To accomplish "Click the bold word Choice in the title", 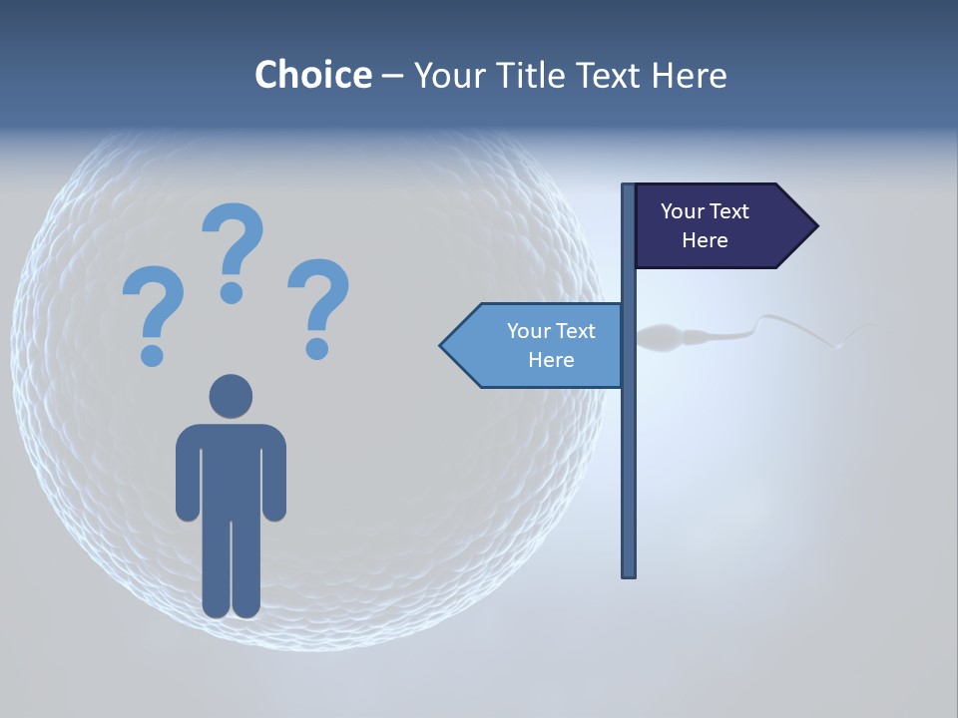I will (312, 75).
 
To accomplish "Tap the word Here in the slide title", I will (689, 75).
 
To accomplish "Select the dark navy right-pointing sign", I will (718, 226).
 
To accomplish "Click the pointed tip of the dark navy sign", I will (815, 226).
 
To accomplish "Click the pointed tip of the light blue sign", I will (443, 346).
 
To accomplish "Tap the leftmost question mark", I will (152, 304).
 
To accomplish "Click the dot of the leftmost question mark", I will (152, 354).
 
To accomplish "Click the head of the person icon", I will (231, 396).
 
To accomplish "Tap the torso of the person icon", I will (231, 469).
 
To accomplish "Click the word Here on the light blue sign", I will (551, 360).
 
